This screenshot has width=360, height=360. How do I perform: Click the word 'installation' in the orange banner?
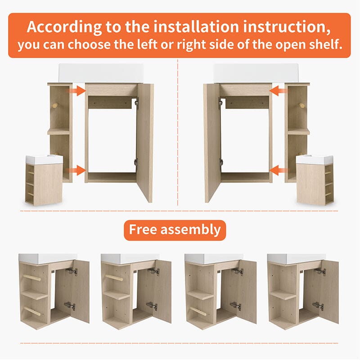point(196,27)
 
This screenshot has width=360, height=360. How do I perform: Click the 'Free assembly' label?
point(175,230)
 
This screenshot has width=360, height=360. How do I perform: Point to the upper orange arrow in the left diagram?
point(77,91)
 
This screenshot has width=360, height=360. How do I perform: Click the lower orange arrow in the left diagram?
point(76,170)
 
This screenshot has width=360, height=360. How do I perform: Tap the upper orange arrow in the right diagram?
point(278,91)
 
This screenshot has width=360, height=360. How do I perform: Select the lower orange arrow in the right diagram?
point(278,170)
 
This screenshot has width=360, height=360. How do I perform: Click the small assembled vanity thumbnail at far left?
point(44,180)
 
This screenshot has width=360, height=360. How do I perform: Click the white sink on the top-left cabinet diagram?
point(101,73)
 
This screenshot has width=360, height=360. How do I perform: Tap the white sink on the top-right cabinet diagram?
point(256,73)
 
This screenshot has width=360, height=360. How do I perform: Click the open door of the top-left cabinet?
point(145,142)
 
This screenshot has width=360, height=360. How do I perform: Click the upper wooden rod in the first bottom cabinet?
point(32,277)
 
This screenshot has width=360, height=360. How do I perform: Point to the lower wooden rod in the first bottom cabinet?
point(32,311)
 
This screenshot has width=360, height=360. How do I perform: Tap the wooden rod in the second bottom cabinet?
point(114,277)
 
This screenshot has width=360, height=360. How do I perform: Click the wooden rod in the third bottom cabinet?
point(198,311)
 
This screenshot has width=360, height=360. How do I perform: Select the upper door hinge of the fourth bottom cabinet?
point(320,271)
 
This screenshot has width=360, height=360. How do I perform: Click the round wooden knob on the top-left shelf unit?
point(54,106)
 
